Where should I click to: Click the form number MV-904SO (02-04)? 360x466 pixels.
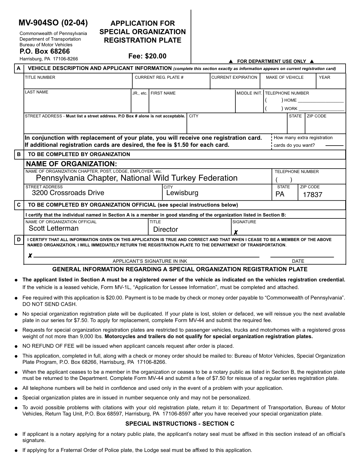point(53,23)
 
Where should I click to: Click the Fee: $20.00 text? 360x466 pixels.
point(147,56)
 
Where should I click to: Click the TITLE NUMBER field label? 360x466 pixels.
point(40,77)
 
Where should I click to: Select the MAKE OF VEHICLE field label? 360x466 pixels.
point(285,77)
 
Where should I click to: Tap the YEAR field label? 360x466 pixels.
point(324,77)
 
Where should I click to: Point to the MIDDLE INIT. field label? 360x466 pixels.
point(249,93)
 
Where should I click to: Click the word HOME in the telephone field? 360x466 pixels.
point(290,100)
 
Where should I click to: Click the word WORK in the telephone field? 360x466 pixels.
point(291,109)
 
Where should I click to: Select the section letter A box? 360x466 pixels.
point(19,68)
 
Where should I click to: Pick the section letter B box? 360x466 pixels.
point(19,154)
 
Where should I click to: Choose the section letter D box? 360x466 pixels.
point(19,240)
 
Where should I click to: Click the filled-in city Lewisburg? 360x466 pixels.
point(182,193)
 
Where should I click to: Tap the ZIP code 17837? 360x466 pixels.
point(313,195)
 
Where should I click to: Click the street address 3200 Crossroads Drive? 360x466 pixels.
point(68,193)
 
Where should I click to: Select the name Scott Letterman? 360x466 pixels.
point(54,228)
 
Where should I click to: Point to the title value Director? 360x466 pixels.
point(165,229)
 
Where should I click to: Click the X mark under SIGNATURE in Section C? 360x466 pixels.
point(236,233)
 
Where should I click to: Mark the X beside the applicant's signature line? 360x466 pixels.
point(30,256)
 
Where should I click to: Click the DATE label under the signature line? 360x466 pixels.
point(298,261)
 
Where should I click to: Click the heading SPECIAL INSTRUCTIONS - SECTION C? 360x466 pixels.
point(180,424)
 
